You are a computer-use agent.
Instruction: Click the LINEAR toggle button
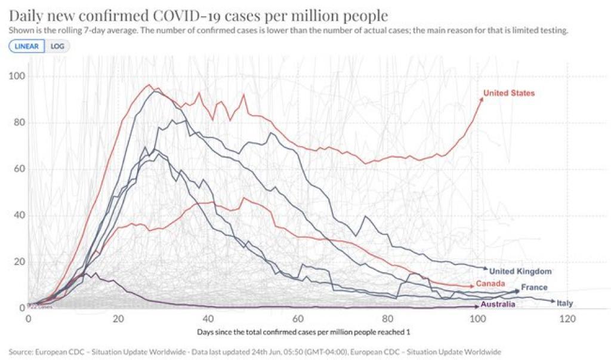[x=27, y=47]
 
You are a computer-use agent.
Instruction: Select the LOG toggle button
[x=57, y=47]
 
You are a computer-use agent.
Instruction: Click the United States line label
[x=509, y=93]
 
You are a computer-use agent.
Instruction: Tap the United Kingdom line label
[x=520, y=272]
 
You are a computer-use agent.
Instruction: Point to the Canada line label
[x=491, y=283]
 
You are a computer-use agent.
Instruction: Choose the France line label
[x=534, y=288]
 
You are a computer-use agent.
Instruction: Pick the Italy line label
[x=564, y=303]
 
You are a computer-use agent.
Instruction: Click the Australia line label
[x=498, y=304]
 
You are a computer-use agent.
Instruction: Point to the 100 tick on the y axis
[x=17, y=76]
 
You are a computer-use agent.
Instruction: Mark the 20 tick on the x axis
[x=118, y=319]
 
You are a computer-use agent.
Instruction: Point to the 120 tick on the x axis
[x=567, y=319]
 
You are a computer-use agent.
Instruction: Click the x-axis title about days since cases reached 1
[x=303, y=331]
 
